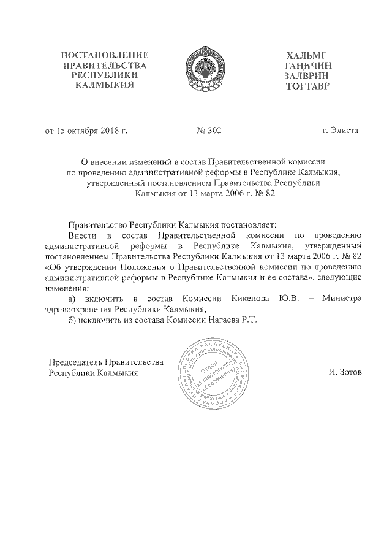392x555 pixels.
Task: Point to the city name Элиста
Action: [345, 131]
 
